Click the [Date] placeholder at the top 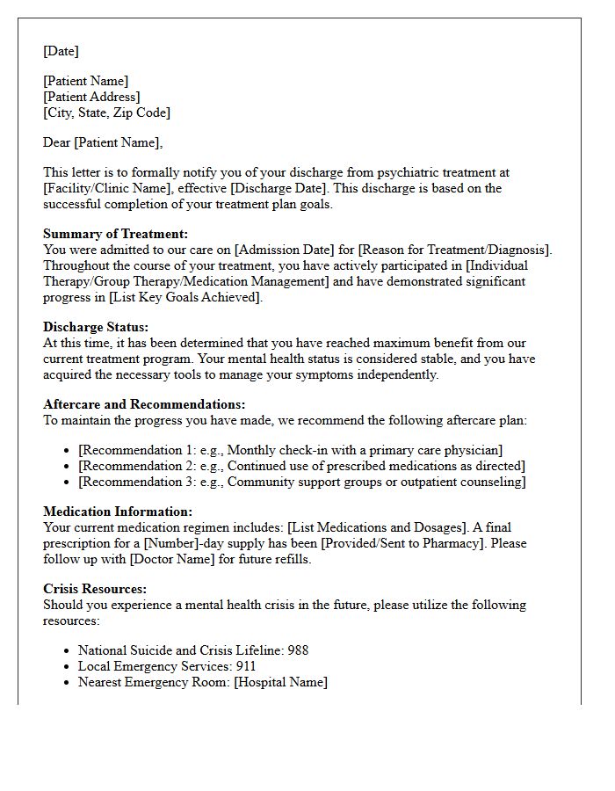click(x=61, y=51)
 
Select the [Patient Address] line click(x=91, y=97)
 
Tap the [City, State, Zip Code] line click(x=106, y=112)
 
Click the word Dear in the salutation click(x=57, y=142)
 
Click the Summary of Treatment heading click(x=115, y=234)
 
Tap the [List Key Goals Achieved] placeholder click(x=186, y=297)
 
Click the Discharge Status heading click(x=96, y=327)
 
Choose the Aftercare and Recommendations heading click(x=144, y=404)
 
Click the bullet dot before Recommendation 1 click(x=68, y=451)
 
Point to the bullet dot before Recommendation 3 click(x=68, y=483)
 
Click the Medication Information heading click(x=117, y=512)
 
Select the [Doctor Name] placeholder click(x=175, y=559)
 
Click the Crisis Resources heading click(x=94, y=589)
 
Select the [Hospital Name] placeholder click(x=280, y=682)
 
